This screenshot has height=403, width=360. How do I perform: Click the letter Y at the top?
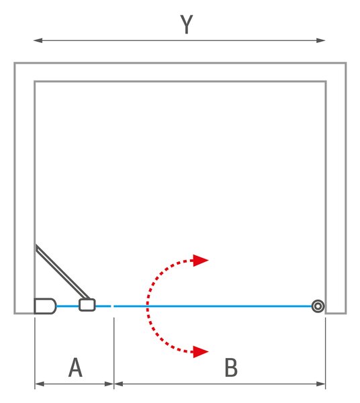[x=187, y=24]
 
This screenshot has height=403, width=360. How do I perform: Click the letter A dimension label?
[x=75, y=367]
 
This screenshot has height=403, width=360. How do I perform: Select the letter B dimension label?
[x=231, y=367]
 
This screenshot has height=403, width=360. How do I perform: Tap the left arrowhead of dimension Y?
[x=38, y=40]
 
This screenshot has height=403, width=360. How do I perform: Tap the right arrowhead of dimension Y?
[x=321, y=40]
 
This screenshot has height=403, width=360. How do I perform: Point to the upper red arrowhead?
[x=201, y=261]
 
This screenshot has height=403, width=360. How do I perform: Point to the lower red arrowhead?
[x=201, y=351]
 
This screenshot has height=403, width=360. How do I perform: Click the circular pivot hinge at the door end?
[x=318, y=306]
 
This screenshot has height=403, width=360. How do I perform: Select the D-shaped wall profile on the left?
[x=45, y=306]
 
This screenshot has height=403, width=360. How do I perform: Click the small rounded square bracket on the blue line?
[x=87, y=305]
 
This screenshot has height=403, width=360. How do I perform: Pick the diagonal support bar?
[x=62, y=272]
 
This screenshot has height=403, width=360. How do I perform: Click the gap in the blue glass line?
[x=112, y=306]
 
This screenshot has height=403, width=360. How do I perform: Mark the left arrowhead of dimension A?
[x=39, y=384]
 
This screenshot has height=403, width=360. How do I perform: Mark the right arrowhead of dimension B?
[x=321, y=384]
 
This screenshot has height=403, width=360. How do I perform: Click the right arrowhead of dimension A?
[x=109, y=384]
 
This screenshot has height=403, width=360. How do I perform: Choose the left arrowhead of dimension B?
[x=119, y=384]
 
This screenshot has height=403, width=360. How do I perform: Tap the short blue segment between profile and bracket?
[x=68, y=306]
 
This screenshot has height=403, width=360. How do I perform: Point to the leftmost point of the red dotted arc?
[x=148, y=306]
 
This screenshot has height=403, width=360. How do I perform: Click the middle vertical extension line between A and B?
[x=114, y=353]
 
